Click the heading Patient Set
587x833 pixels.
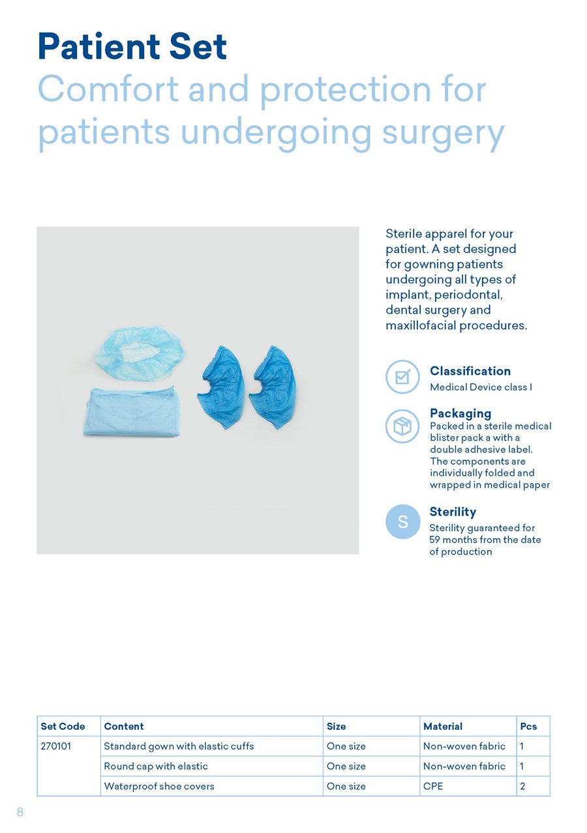(132, 46)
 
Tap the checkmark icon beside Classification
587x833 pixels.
(402, 377)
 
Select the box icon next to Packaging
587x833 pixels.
(402, 426)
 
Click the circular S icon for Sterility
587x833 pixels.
(403, 521)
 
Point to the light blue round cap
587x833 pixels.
(140, 353)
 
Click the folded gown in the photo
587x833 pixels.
(132, 411)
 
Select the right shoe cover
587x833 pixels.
(273, 387)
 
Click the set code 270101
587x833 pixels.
(56, 746)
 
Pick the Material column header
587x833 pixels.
(443, 726)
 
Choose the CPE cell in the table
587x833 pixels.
(433, 786)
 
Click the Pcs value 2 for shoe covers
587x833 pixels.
(522, 786)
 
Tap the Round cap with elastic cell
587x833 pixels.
(156, 766)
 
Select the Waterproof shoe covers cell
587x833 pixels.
(159, 786)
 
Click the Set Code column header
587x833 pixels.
(63, 726)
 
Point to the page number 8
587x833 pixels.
(20, 811)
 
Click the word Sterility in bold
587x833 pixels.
(453, 512)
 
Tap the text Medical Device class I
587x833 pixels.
(481, 387)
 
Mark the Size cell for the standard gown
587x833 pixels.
(346, 746)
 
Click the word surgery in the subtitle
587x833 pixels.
(444, 134)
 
